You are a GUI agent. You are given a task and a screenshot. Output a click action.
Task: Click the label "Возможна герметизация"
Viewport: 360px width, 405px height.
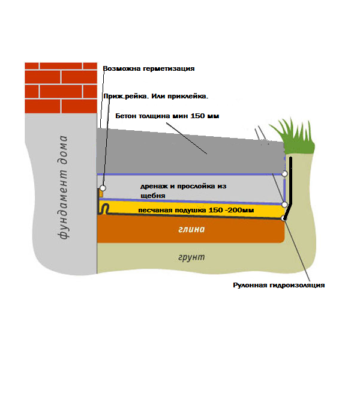point(149,69)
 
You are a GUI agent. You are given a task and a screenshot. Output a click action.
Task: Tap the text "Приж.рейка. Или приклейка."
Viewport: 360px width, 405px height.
point(156,97)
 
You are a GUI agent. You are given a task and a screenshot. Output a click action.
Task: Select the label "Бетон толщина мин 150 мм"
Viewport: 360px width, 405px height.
point(167,116)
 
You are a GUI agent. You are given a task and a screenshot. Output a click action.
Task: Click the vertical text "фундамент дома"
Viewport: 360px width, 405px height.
point(62,187)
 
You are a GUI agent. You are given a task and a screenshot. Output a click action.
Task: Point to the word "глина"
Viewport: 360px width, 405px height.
point(191,229)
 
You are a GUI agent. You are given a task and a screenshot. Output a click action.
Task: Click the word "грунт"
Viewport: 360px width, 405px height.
point(191,257)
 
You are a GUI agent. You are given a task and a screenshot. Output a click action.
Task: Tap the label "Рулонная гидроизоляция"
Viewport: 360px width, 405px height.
point(278,286)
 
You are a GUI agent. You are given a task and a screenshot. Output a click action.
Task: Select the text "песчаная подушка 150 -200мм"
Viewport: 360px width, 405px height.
point(196,210)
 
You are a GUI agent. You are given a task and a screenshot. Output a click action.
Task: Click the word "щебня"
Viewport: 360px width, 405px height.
point(153,196)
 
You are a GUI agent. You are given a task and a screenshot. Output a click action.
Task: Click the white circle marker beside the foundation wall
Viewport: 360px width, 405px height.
point(103,188)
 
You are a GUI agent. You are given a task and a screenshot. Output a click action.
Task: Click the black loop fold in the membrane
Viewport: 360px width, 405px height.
point(105,208)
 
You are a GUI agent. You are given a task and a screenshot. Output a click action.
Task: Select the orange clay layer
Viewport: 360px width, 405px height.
point(191,229)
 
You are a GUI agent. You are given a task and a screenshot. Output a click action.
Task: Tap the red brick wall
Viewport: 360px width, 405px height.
point(61,88)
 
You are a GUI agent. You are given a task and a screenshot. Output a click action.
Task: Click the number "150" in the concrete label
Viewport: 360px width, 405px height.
point(197,116)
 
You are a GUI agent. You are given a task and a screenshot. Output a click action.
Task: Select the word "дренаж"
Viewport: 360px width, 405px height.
point(154,187)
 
